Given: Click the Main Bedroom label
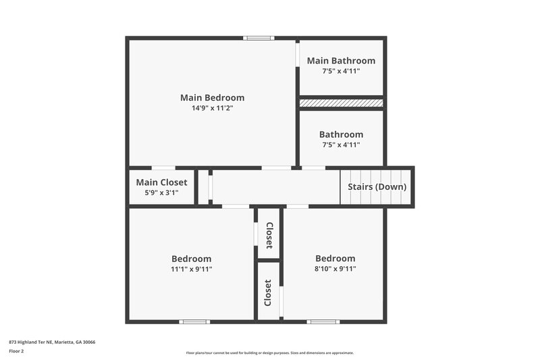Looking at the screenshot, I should (212, 97).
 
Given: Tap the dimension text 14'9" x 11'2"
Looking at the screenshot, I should (212, 107).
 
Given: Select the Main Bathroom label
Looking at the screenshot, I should (341, 61).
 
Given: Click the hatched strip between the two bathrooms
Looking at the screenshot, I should (341, 103).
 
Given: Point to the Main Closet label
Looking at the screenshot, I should (161, 182).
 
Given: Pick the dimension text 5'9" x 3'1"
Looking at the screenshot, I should (161, 192).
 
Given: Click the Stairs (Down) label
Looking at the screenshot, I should (377, 186).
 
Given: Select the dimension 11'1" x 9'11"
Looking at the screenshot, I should (191, 269).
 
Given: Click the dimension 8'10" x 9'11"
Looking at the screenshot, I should (335, 269).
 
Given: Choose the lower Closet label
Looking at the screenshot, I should (268, 292).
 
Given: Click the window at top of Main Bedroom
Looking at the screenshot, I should (259, 38).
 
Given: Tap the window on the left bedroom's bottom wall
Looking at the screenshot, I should (194, 322).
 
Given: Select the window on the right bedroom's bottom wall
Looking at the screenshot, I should (323, 322).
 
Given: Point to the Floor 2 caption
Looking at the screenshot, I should (16, 351).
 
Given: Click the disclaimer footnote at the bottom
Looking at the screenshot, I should (269, 353).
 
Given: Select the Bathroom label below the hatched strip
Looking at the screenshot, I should (341, 134).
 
